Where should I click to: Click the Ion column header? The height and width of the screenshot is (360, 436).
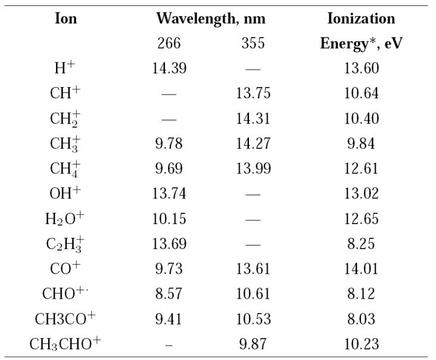tap(66, 18)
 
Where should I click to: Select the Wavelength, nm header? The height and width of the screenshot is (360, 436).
tap(211, 18)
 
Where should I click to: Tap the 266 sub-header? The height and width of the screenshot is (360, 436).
tap(170, 44)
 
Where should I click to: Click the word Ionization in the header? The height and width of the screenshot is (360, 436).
tap(362, 18)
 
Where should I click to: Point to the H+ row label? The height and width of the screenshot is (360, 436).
tap(65, 69)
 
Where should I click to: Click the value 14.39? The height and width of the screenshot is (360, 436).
tap(170, 69)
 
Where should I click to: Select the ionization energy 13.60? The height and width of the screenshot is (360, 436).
tap(362, 69)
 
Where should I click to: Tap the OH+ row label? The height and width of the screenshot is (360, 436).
tap(65, 194)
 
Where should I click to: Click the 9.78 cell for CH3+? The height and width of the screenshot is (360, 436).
tap(170, 144)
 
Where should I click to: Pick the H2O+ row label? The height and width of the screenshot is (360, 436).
tap(65, 219)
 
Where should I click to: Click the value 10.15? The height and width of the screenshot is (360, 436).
tap(170, 219)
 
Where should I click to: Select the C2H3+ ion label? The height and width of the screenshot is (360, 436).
tap(65, 244)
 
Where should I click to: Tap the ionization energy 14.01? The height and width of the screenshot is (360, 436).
tap(362, 269)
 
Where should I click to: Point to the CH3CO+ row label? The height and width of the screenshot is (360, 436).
tap(65, 319)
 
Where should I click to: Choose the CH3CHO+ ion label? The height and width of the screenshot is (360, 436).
tap(65, 344)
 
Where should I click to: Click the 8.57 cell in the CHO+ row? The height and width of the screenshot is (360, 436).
tap(170, 294)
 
